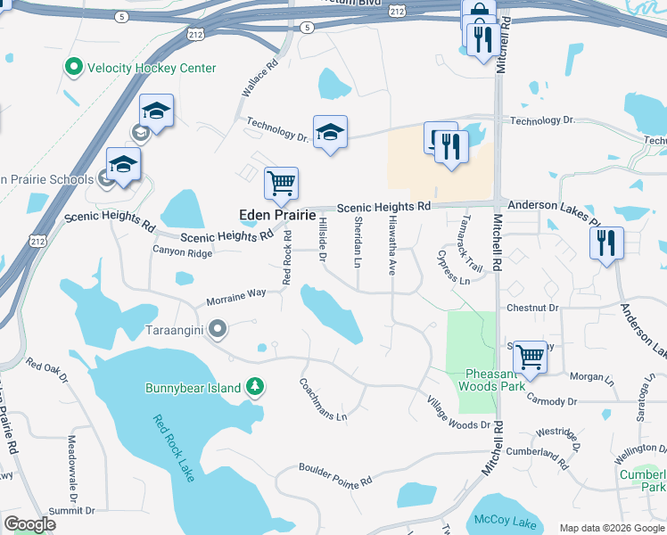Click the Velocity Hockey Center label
pos(152,68)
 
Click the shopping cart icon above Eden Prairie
pos(281,183)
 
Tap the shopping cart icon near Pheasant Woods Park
pos(531,356)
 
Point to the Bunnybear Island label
pos(193,388)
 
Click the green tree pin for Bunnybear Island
pos(256,387)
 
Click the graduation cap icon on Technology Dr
pos(330,132)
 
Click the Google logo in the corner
pos(29,524)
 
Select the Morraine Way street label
pos(236,295)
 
